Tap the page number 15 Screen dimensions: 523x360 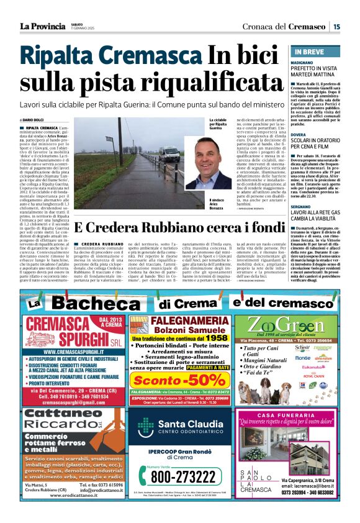336,26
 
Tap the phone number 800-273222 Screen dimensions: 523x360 181,477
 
